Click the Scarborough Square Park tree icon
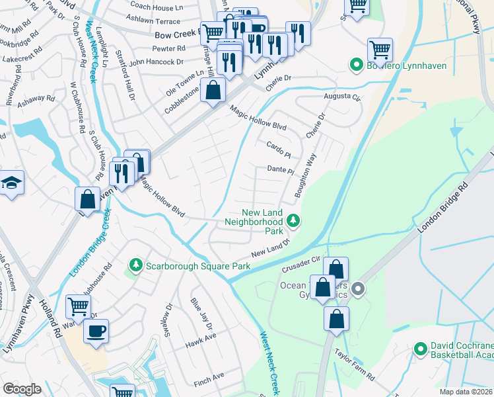click(x=135, y=265)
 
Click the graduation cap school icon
click(x=11, y=183)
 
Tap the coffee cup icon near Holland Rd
click(x=96, y=331)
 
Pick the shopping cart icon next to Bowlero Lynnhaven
click(x=380, y=49)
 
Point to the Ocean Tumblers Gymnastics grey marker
click(x=358, y=289)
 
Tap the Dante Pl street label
click(x=281, y=170)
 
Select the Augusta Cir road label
click(x=343, y=97)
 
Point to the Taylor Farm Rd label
click(x=355, y=364)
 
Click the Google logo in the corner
click(x=22, y=389)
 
